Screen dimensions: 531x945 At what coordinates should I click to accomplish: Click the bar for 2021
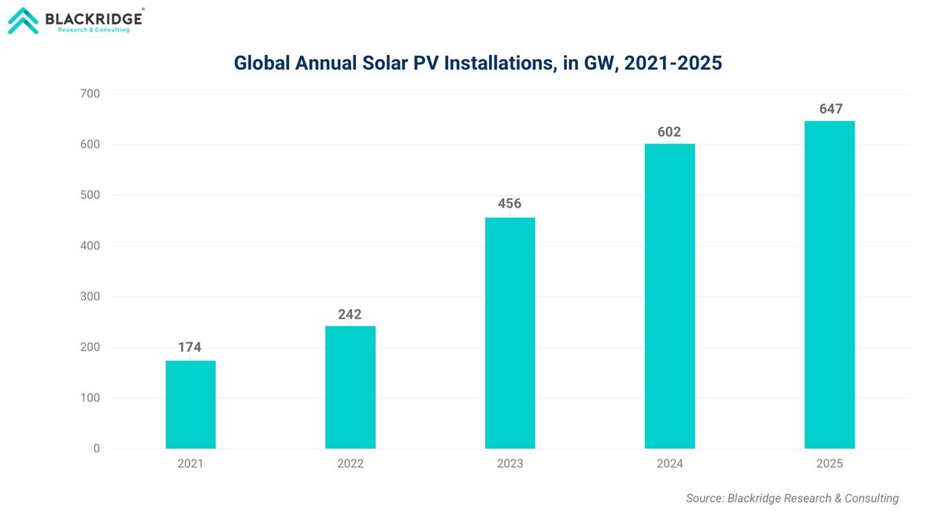191,404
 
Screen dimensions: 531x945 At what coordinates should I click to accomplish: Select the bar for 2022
350,387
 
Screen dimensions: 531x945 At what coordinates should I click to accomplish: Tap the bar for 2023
510,333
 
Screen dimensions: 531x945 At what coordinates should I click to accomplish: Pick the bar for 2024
669,296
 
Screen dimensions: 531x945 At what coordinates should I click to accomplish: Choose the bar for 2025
829,285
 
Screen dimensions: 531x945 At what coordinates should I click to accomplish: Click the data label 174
191,347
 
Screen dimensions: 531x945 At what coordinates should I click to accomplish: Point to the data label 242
350,315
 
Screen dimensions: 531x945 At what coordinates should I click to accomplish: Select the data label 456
510,205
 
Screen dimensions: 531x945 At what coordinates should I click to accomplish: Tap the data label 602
669,132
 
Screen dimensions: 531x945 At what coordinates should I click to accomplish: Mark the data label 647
829,109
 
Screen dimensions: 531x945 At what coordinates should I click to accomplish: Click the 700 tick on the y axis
91,94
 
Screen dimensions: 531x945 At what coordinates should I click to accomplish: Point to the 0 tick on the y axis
97,448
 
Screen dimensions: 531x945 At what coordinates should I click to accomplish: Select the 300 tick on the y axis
91,297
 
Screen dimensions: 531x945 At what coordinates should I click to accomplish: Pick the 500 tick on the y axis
91,195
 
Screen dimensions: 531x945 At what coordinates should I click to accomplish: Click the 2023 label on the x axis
510,464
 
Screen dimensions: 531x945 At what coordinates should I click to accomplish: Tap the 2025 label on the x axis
829,464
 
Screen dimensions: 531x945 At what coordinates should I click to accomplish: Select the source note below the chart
792,498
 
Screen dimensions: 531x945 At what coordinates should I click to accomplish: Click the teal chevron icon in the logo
23,20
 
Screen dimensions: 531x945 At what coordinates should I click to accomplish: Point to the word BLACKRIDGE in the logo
94,17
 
